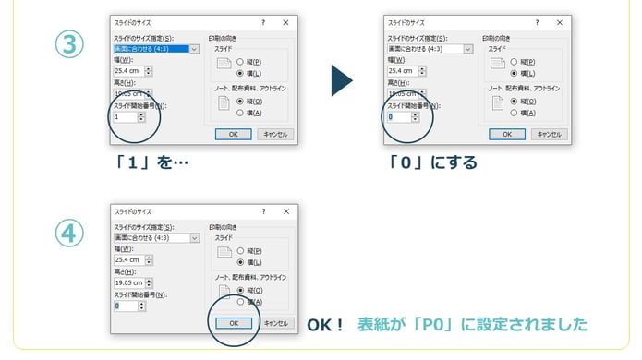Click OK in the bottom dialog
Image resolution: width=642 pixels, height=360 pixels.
pos(233,323)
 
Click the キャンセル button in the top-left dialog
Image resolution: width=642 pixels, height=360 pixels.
pos(275,133)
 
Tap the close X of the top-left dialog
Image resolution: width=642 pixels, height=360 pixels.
pos(285,20)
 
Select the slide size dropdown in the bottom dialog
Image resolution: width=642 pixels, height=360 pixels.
pos(155,237)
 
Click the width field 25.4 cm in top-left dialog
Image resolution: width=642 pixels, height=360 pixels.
pos(129,70)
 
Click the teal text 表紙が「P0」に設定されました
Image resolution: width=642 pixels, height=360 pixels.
pos(472,324)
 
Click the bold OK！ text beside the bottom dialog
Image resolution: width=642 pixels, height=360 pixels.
pos(325,324)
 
